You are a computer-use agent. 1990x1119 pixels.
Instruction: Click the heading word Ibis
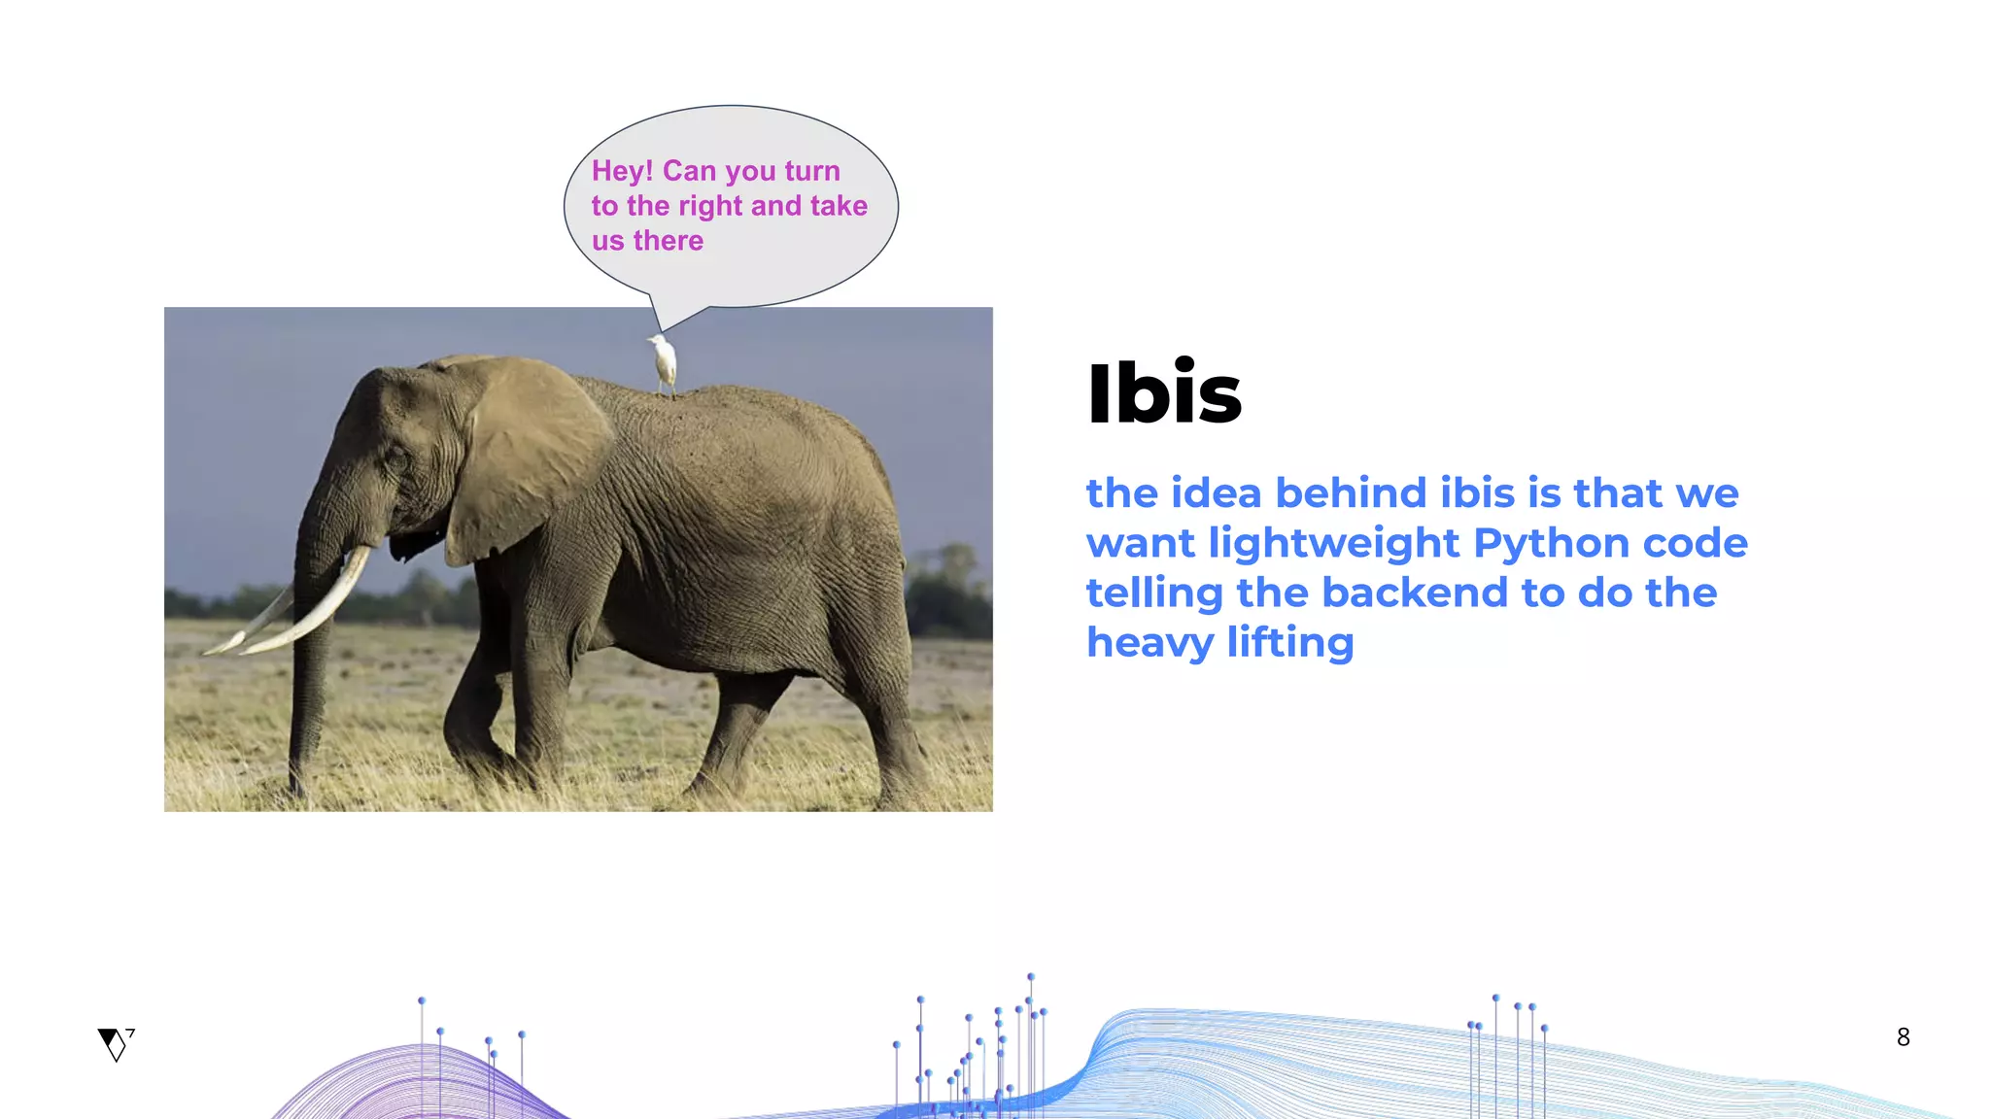[x=1164, y=393]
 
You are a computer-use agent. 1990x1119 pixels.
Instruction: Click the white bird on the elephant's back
[x=665, y=361]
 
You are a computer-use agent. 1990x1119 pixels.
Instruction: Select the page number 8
[x=1903, y=1037]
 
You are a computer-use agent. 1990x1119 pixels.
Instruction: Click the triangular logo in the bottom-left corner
[x=115, y=1044]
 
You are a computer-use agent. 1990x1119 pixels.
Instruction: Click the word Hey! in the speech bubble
[x=622, y=171]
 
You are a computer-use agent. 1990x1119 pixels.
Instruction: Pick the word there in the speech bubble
[x=669, y=241]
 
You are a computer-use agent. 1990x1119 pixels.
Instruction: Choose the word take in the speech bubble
[x=839, y=206]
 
